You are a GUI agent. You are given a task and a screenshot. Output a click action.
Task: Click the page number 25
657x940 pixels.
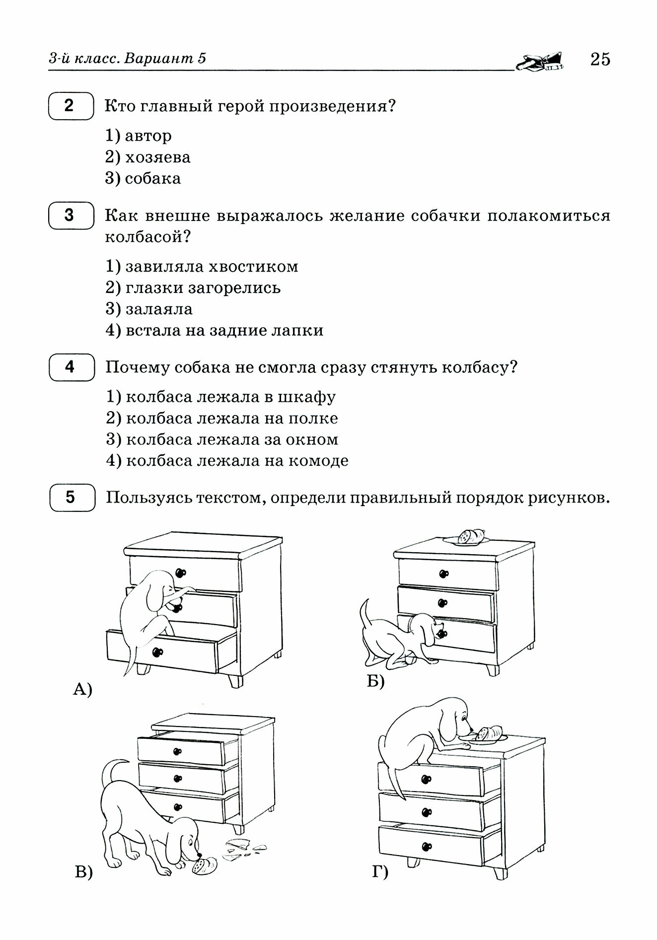[599, 60]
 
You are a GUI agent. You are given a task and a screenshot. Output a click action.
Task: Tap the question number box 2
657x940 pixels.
[71, 106]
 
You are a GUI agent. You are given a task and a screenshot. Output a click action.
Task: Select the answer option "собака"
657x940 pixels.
[143, 179]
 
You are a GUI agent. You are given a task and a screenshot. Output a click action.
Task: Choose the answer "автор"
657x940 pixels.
[139, 136]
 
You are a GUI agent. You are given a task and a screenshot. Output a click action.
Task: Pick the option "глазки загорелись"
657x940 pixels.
[193, 288]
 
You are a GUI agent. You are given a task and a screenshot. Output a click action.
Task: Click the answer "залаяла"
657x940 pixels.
[149, 309]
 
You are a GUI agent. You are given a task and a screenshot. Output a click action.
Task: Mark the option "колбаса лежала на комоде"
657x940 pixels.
[227, 461]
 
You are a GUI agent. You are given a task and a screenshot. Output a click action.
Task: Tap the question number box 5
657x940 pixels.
[71, 497]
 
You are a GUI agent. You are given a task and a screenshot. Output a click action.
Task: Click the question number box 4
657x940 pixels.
[71, 367]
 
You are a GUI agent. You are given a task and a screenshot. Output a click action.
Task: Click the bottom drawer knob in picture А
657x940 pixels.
[159, 652]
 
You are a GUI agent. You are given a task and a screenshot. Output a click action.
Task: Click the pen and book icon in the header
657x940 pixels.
[540, 61]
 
